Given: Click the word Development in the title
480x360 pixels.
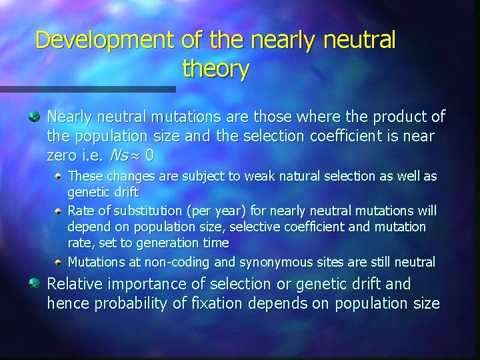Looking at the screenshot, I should click(x=105, y=41).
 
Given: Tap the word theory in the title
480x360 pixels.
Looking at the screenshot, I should click(x=215, y=69).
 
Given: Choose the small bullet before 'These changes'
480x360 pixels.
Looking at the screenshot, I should click(x=61, y=177).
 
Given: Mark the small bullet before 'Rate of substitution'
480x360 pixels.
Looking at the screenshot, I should click(x=61, y=211).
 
